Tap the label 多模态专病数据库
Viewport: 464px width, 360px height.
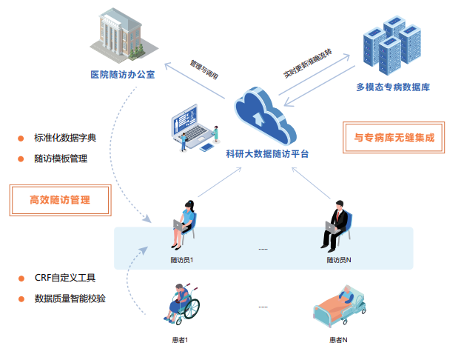pyautogui.click(x=393, y=87)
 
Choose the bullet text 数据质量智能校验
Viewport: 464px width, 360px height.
pyautogui.click(x=70, y=299)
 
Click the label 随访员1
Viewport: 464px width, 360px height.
pyautogui.click(x=181, y=260)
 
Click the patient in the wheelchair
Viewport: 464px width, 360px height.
pyautogui.click(x=182, y=304)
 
